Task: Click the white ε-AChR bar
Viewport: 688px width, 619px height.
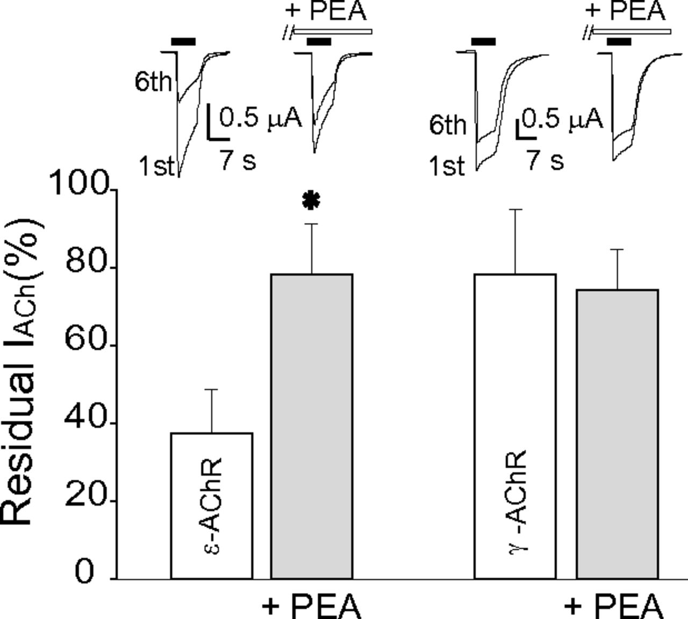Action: coord(211,505)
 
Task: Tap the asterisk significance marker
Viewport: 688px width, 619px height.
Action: coord(311,201)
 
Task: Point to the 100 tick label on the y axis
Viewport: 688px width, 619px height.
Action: coord(80,184)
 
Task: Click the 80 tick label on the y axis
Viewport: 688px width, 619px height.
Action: coord(86,262)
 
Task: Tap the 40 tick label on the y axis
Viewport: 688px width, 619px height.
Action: coord(86,418)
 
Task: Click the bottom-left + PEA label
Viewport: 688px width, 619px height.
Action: coord(312,606)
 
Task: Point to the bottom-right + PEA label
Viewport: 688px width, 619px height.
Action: coord(614,606)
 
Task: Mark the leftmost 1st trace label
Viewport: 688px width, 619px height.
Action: coord(157,166)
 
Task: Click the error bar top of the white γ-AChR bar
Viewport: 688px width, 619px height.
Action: coord(515,210)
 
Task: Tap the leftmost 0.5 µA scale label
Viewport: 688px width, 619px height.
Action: coord(261,118)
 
